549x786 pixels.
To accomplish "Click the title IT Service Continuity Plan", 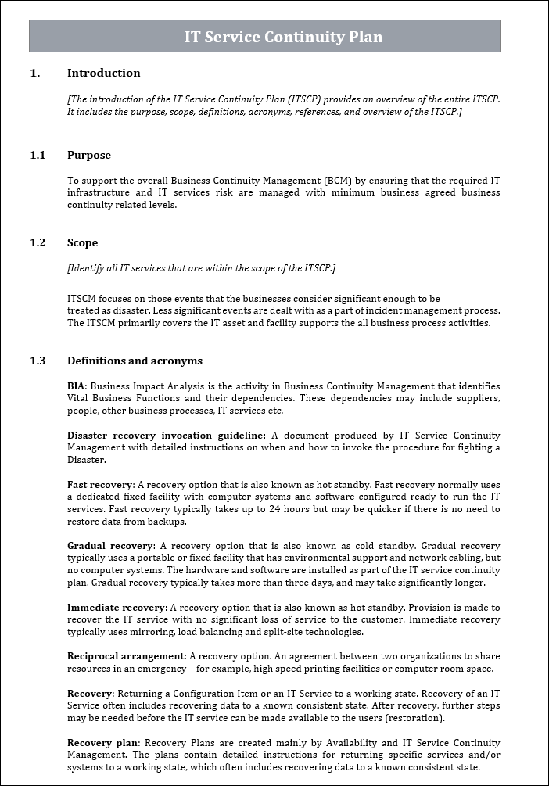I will pyautogui.click(x=283, y=37).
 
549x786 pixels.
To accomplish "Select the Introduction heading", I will pyautogui.click(x=103, y=73).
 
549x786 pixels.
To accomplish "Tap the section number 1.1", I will pyautogui.click(x=38, y=155).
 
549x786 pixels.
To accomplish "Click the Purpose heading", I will pyautogui.click(x=88, y=155).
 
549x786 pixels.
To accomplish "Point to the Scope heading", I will pyautogui.click(x=82, y=242).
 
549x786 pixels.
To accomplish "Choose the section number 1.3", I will pyautogui.click(x=38, y=361).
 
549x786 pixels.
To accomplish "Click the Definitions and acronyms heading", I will pyautogui.click(x=135, y=361).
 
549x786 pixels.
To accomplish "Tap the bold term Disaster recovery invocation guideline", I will pyautogui.click(x=166, y=436).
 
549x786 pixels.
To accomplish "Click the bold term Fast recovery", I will pyautogui.click(x=100, y=485).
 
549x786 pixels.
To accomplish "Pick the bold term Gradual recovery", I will pyautogui.click(x=109, y=546).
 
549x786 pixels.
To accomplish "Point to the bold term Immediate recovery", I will pyautogui.click(x=117, y=608).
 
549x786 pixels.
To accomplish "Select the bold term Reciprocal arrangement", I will pyautogui.click(x=125, y=656).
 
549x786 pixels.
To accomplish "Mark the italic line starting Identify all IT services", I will pyautogui.click(x=202, y=268).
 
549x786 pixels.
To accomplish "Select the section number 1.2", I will pyautogui.click(x=38, y=242).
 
